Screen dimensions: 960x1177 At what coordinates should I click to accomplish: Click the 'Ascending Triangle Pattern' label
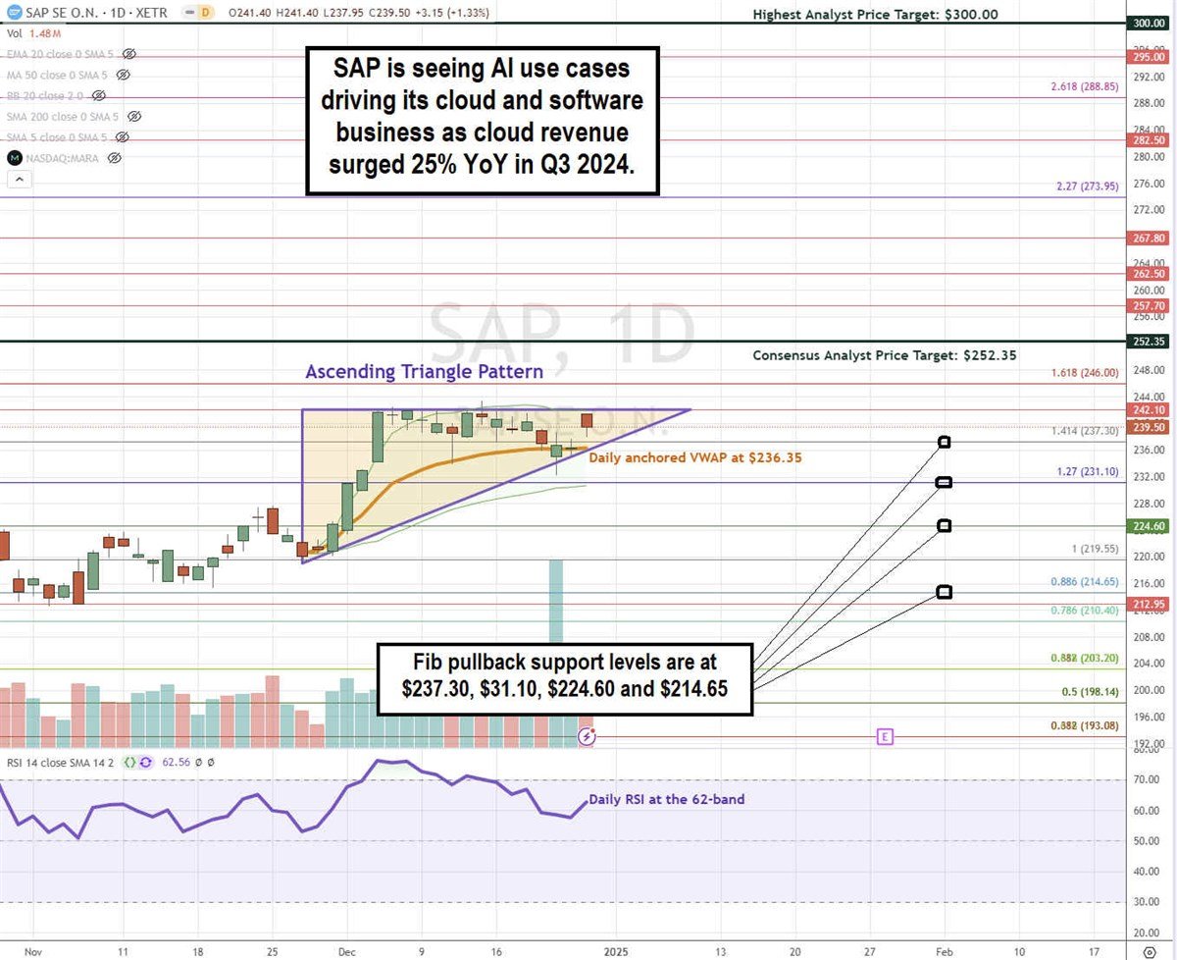pyautogui.click(x=424, y=372)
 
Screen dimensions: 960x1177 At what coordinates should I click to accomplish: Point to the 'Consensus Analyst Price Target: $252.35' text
pyautogui.click(x=884, y=355)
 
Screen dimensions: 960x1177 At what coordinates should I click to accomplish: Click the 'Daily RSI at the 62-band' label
pyautogui.click(x=666, y=799)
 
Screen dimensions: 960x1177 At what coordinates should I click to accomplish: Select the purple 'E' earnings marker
pyautogui.click(x=886, y=735)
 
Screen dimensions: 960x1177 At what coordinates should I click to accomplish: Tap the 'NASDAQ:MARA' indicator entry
pyautogui.click(x=65, y=157)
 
